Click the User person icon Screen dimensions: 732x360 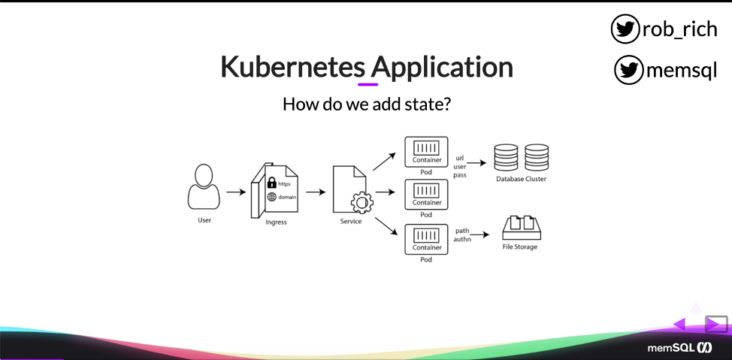click(x=204, y=187)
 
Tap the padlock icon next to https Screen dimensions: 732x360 click(x=271, y=182)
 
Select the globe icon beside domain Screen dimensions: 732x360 click(x=272, y=197)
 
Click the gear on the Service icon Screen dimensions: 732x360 click(x=361, y=203)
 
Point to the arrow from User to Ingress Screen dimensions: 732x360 click(x=236, y=192)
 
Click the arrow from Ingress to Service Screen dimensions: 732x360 click(x=316, y=192)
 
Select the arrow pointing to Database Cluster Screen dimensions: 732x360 click(x=476, y=163)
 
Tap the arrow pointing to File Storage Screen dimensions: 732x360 click(x=480, y=234)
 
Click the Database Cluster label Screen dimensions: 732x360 click(x=521, y=179)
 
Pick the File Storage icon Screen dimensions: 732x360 click(x=522, y=228)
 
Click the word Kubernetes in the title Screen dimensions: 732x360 click(x=292, y=67)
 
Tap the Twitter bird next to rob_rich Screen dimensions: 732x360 click(x=625, y=29)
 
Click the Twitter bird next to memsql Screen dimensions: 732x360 click(x=628, y=70)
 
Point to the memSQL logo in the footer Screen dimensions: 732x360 click(x=679, y=348)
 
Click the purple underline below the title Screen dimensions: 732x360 click(x=368, y=84)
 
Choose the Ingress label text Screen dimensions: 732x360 click(x=276, y=222)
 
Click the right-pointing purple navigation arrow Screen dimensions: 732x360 click(x=713, y=325)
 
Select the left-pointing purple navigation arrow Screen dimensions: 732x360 click(x=679, y=325)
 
